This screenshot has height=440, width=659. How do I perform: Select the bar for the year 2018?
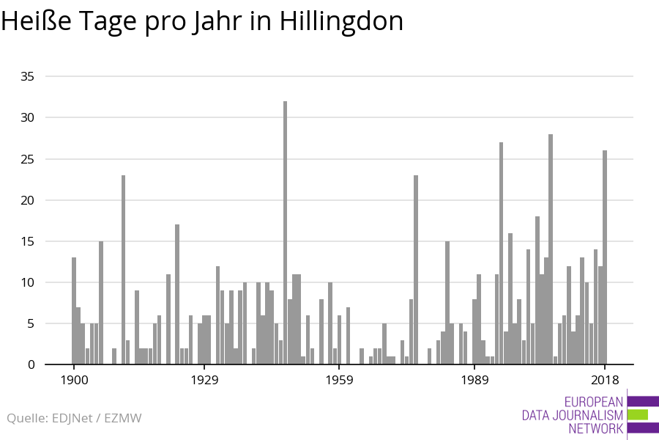click(x=605, y=257)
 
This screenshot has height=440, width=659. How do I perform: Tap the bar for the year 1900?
click(x=74, y=311)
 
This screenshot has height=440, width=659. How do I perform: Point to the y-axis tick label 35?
click(x=26, y=76)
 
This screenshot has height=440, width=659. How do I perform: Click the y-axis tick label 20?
click(x=26, y=200)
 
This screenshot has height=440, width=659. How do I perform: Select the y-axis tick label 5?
click(x=30, y=323)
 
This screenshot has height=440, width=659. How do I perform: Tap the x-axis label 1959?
click(x=340, y=380)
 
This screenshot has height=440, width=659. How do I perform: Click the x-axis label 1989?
click(x=475, y=380)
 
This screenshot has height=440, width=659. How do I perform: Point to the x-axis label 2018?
click(x=605, y=380)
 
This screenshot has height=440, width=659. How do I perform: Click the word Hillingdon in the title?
click(x=341, y=21)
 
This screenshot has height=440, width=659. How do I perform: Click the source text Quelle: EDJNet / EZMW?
click(x=74, y=418)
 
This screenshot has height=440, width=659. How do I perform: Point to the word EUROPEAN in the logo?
click(x=594, y=401)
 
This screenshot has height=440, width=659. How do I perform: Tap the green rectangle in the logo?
click(x=638, y=415)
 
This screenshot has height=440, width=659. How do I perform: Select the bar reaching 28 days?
click(x=551, y=249)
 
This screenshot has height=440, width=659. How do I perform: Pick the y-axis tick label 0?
click(x=30, y=364)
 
